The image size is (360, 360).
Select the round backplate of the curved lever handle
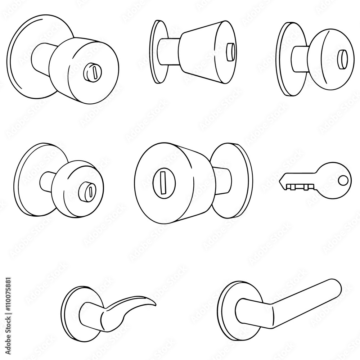coord(70,310)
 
